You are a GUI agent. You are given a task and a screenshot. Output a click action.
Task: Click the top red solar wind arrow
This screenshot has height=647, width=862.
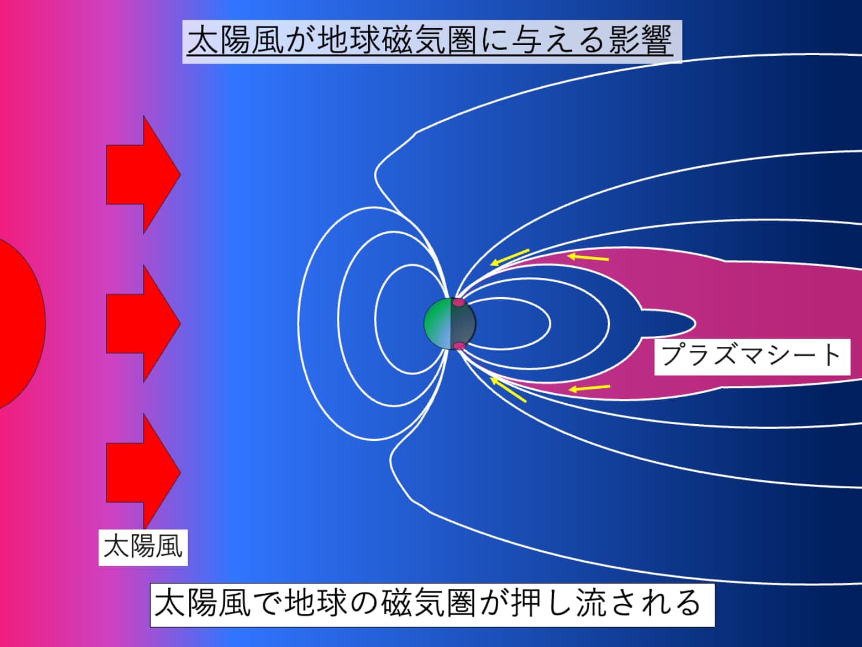pyautogui.click(x=143, y=174)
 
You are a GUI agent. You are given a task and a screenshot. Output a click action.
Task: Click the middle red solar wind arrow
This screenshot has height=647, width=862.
pyautogui.click(x=143, y=323)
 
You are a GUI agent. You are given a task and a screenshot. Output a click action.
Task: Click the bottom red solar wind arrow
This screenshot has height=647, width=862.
pyautogui.click(x=143, y=472)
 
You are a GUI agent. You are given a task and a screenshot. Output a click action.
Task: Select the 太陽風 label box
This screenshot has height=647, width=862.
pyautogui.click(x=143, y=548)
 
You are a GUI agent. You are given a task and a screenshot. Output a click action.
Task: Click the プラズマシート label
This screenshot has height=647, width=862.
pyautogui.click(x=752, y=356)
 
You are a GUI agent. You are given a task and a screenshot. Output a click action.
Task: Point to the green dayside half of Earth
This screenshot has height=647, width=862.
pyautogui.click(x=438, y=323)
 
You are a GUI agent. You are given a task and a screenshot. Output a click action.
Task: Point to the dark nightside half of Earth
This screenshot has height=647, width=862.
pyautogui.click(x=463, y=323)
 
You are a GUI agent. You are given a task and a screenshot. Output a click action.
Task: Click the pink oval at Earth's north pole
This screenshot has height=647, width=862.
pyautogui.click(x=459, y=303)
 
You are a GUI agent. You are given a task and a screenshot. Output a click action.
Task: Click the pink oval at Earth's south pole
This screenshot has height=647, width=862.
pyautogui.click(x=459, y=346)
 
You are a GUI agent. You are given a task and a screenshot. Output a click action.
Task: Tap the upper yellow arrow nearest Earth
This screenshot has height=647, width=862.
pyautogui.click(x=510, y=257)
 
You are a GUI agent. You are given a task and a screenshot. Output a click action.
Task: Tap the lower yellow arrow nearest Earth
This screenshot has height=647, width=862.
pyautogui.click(x=508, y=389)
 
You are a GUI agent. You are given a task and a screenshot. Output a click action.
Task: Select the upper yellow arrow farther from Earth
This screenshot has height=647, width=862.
pyautogui.click(x=588, y=258)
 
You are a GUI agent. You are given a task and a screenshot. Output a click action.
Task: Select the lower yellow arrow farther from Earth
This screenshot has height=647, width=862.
pyautogui.click(x=590, y=388)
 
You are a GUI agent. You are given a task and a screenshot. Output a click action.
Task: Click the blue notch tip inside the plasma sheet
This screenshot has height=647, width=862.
pyautogui.click(x=695, y=323)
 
